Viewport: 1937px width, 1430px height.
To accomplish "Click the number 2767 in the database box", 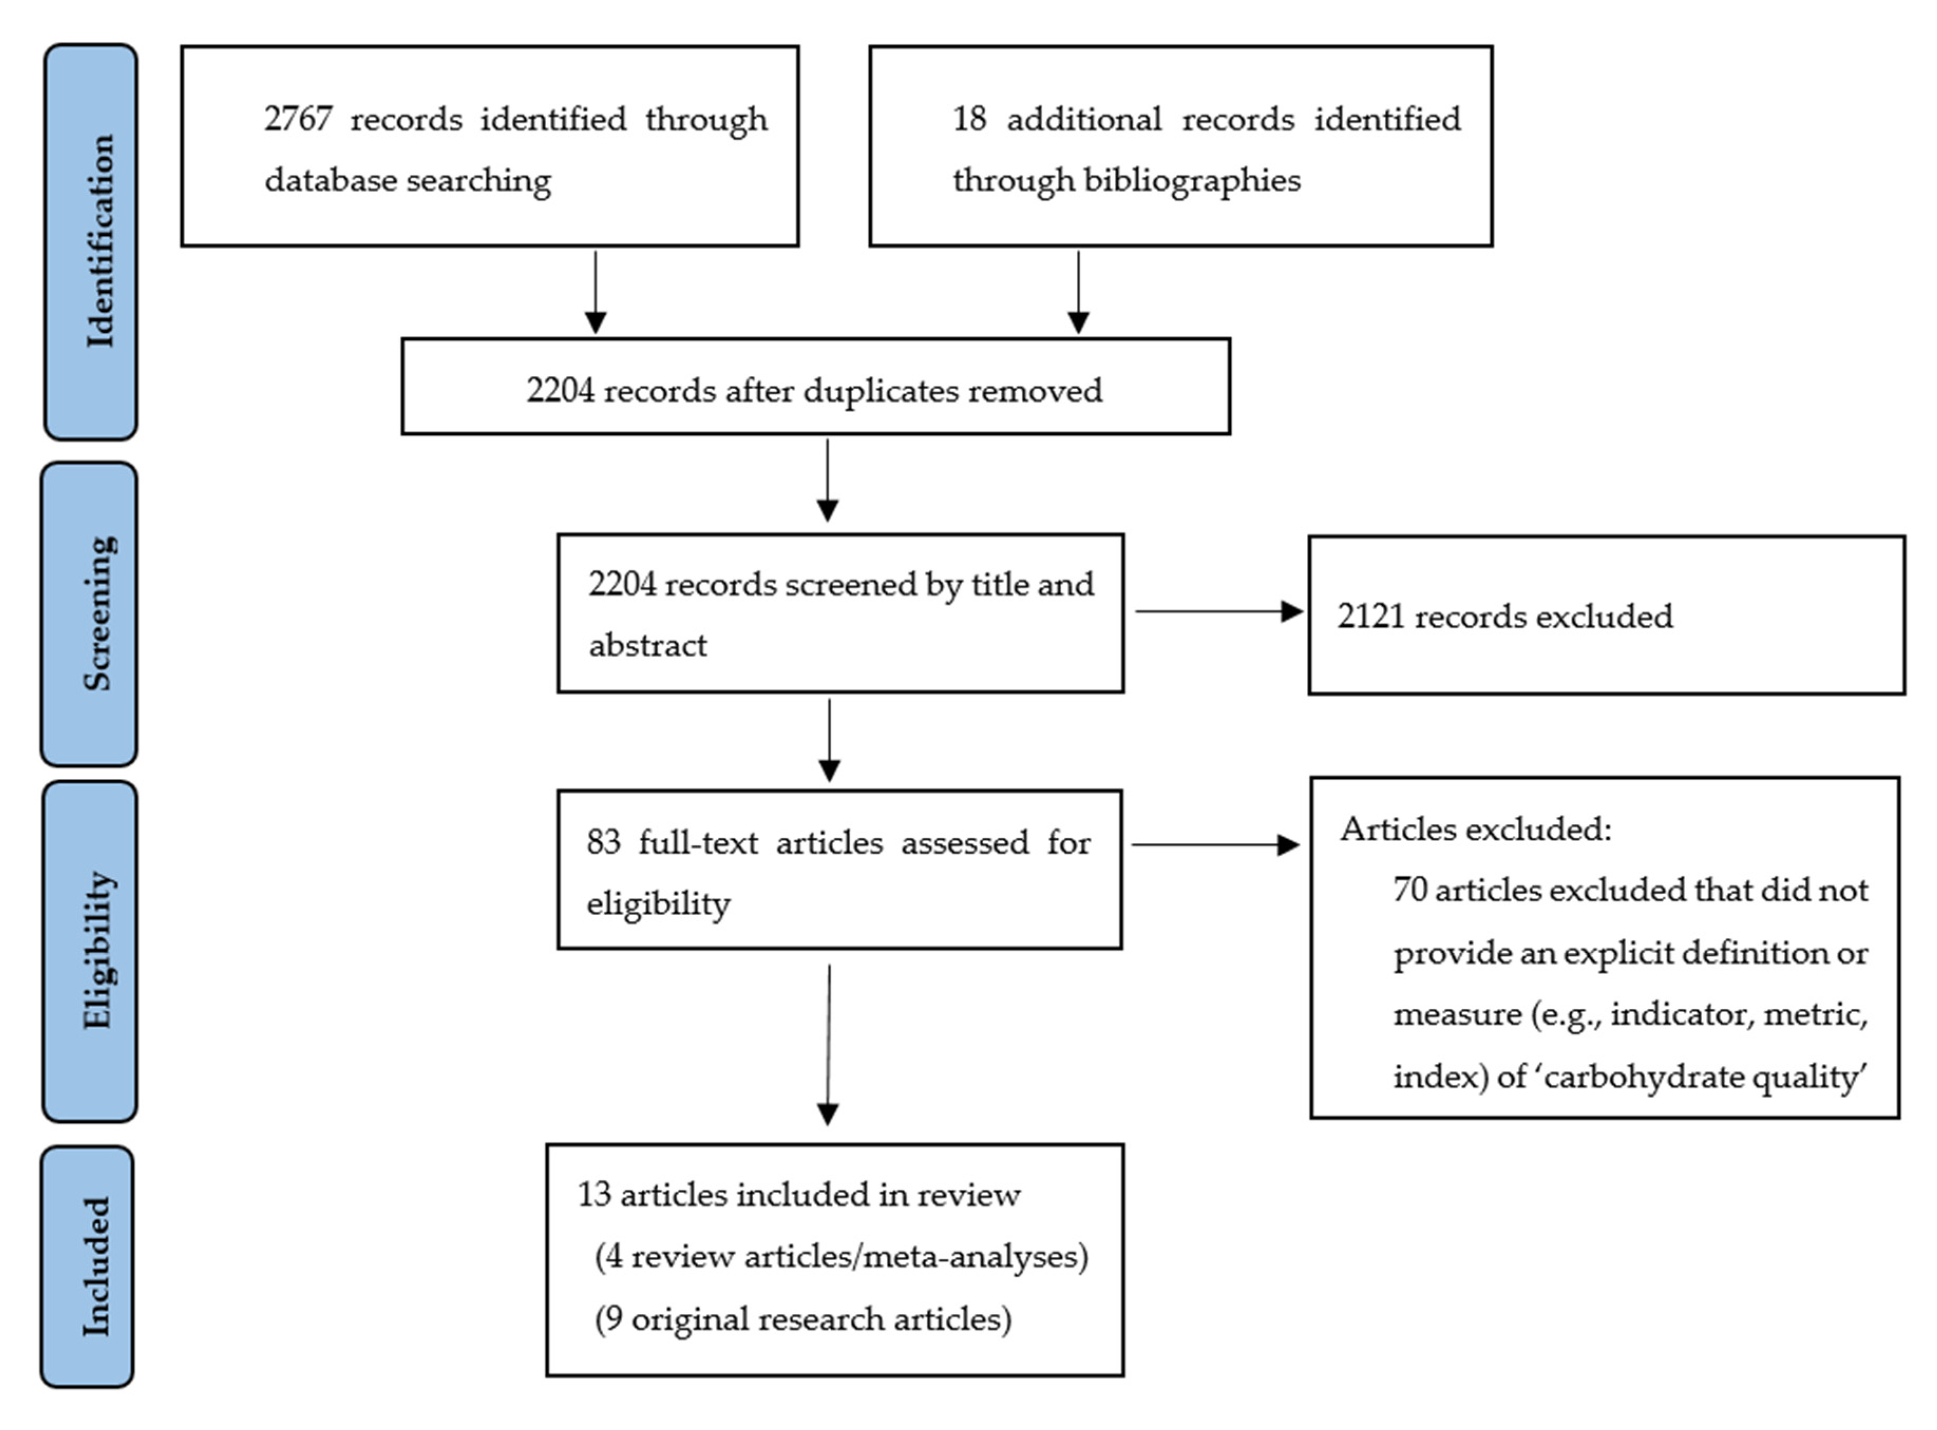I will pos(297,119).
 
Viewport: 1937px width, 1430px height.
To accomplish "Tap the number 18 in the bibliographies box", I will pos(969,119).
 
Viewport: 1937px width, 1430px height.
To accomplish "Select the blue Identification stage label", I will pos(91,242).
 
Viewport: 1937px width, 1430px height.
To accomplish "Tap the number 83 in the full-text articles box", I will pos(603,842).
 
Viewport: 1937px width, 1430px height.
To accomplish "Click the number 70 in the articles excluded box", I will pos(1410,890).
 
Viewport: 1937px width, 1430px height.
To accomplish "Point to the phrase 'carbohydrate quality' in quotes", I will pos(1704,1077).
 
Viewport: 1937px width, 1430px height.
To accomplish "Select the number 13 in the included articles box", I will pos(594,1195).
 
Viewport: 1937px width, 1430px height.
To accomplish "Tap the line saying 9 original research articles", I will pos(803,1319).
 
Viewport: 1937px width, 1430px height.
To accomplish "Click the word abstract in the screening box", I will pos(648,646).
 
